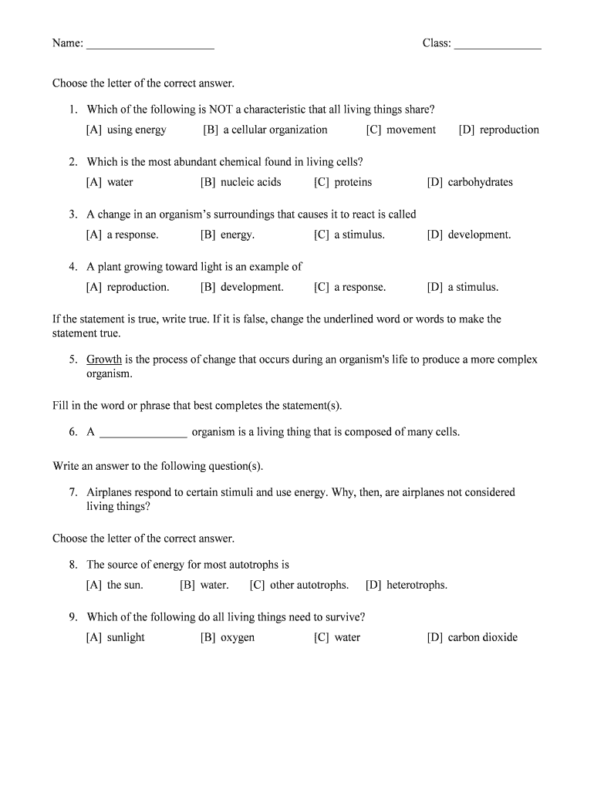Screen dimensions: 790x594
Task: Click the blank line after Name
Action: pos(150,46)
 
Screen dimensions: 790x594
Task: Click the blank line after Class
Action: pos(498,46)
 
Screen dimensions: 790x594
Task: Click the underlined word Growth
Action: pos(104,360)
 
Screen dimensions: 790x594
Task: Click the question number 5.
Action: pos(73,360)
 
